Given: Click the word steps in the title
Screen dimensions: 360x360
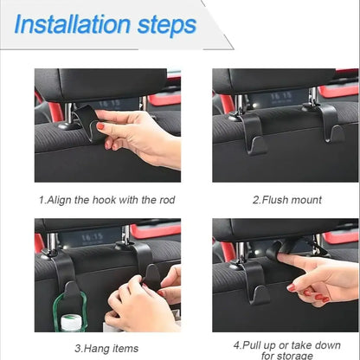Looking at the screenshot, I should coord(166,25).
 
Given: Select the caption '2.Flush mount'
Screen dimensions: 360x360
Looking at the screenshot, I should coord(286,200).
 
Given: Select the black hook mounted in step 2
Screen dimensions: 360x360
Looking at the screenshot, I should coord(254,135).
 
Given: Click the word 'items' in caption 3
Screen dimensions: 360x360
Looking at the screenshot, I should coord(124,349).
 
